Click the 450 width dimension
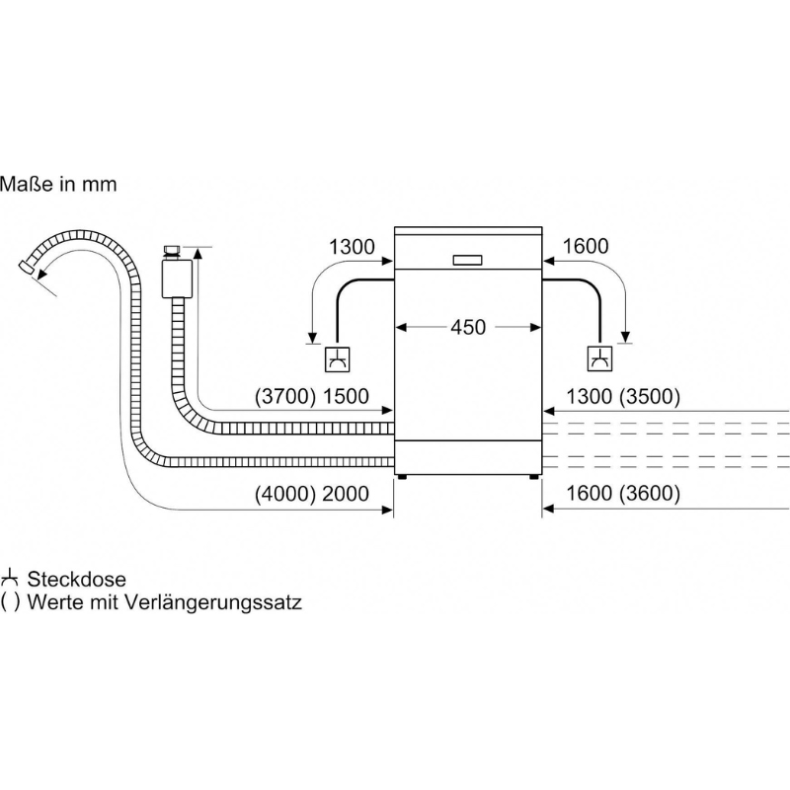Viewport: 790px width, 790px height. (x=468, y=328)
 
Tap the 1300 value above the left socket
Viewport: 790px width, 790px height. (x=352, y=247)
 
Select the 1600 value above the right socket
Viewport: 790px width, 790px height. (x=586, y=246)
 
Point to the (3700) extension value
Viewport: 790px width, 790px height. (x=285, y=397)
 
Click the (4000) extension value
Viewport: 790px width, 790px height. (x=285, y=494)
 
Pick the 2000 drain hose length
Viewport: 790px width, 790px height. (x=346, y=494)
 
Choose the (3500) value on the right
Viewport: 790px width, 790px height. (x=650, y=397)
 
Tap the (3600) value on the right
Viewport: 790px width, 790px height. (x=650, y=493)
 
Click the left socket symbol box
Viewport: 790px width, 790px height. (x=338, y=359)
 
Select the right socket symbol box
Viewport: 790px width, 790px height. (x=600, y=359)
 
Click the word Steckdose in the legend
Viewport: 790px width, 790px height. (x=77, y=580)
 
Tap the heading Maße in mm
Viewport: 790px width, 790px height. (x=58, y=184)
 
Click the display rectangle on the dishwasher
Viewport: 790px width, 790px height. (x=467, y=260)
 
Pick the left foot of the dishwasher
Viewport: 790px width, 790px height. (x=402, y=477)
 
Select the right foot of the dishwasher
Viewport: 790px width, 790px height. (x=534, y=477)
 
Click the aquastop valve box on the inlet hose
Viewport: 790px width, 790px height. (x=177, y=278)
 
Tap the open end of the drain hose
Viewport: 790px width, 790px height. (x=26, y=267)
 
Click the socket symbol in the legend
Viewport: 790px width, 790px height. (x=10, y=579)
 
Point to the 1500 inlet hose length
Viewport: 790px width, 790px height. (x=346, y=397)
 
